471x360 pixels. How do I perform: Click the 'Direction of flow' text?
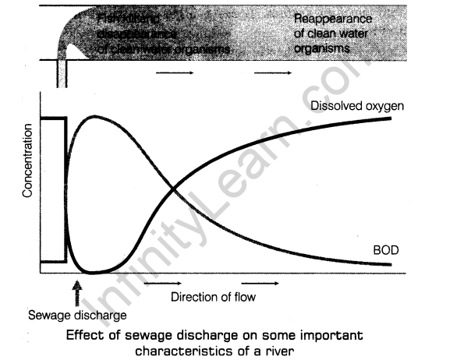pos(212,296)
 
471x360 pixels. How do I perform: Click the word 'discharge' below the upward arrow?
pos(99,315)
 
